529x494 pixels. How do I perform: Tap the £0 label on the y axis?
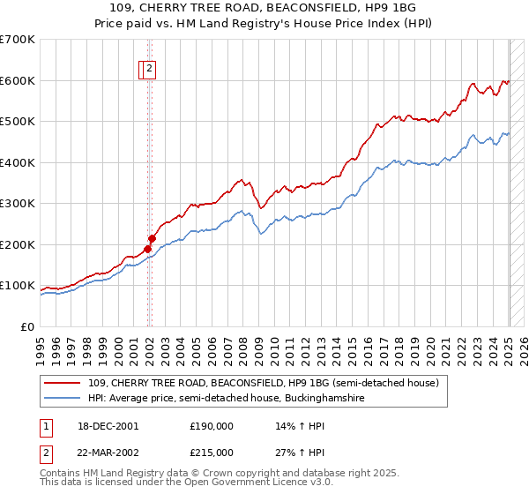[29, 327]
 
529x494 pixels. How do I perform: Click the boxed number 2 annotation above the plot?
[150, 70]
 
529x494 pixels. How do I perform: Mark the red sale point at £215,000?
[152, 238]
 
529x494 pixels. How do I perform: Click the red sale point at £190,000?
[147, 249]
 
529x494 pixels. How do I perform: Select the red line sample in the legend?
[63, 383]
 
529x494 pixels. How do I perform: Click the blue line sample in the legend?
[63, 399]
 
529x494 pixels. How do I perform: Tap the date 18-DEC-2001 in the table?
[108, 426]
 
